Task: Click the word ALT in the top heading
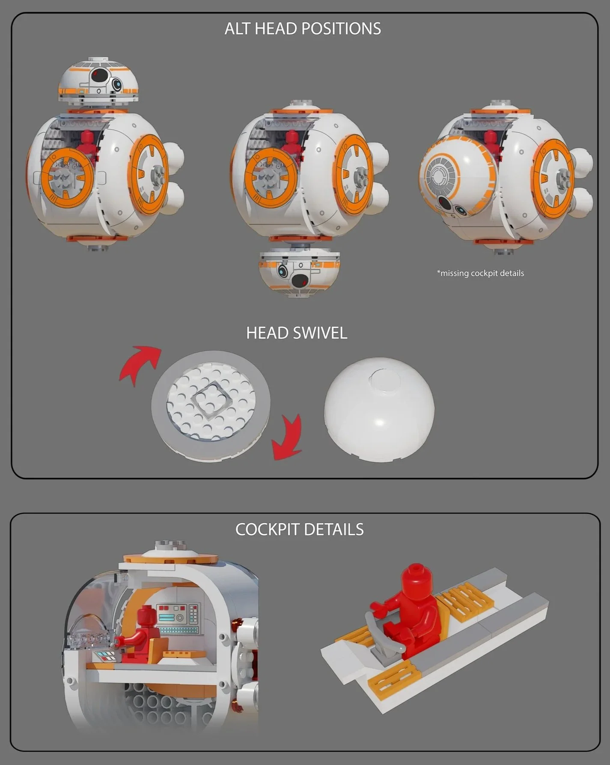[238, 29]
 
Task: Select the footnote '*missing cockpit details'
[480, 273]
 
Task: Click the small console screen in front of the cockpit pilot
[105, 656]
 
